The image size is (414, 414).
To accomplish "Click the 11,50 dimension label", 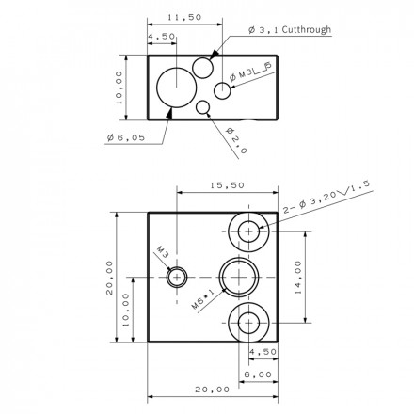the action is click(x=184, y=17).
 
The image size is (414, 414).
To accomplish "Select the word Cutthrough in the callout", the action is click(x=307, y=29).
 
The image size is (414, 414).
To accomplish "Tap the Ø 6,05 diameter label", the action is click(x=126, y=137).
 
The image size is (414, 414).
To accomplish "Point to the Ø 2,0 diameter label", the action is click(x=236, y=140).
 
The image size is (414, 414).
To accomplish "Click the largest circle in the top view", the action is click(x=177, y=68).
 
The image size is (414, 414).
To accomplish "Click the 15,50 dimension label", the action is click(x=227, y=185).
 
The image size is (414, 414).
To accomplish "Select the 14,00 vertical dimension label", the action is click(x=298, y=278).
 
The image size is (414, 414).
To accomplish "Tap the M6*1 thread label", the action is click(x=203, y=299).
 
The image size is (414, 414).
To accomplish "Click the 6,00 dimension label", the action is click(x=258, y=374).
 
